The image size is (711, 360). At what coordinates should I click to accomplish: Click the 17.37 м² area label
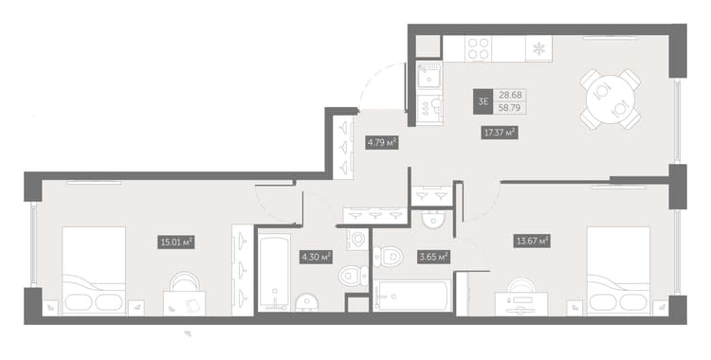pos(500,133)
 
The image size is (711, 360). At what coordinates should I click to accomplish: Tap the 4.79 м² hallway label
pos(382,143)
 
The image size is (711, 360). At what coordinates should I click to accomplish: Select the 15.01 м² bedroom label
pos(176,243)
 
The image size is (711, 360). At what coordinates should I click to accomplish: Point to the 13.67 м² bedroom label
pos(532,241)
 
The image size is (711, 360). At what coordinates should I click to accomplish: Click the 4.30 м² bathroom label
pos(316,258)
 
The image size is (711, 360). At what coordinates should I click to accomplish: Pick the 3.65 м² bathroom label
pos(433,258)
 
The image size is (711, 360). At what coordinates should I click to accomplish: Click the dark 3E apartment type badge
pos(483,101)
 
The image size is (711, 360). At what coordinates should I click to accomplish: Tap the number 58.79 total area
pos(510,108)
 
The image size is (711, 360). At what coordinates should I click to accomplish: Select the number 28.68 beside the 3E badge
pos(510,96)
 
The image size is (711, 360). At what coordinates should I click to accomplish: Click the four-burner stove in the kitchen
pos(479,48)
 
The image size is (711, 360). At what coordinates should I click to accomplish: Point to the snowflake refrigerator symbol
pos(538,48)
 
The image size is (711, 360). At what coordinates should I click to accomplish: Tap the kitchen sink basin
pos(428,76)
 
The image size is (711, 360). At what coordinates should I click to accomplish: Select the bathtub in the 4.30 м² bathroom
pos(274,272)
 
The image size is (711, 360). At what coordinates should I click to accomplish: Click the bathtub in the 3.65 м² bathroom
pos(412,297)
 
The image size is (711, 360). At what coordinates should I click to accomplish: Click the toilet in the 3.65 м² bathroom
pos(388,257)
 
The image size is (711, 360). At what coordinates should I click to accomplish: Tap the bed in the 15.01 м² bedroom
pos(94,271)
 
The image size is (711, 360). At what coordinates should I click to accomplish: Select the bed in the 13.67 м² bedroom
pos(619,271)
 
